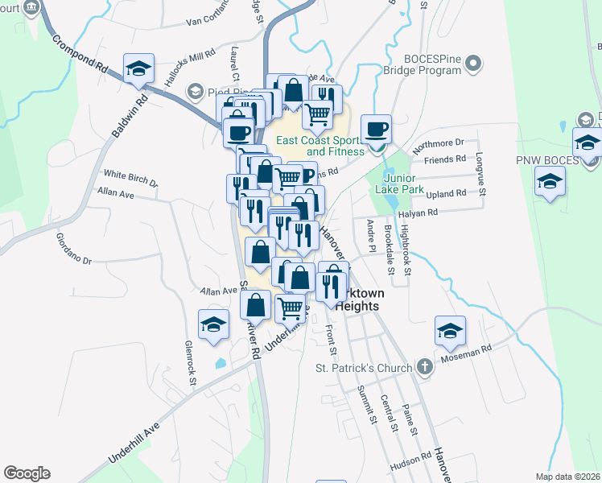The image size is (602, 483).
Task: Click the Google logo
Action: (x=27, y=473)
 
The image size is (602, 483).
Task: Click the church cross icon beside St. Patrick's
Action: (x=424, y=368)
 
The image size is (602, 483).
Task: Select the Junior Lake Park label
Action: (x=404, y=184)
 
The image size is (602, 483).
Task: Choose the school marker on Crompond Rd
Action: (x=138, y=68)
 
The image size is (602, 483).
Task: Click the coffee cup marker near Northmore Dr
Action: (x=376, y=129)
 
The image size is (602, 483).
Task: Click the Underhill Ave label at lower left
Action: (x=131, y=444)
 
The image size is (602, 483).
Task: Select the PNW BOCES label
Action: (x=547, y=160)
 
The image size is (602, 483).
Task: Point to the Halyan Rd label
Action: (x=421, y=213)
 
